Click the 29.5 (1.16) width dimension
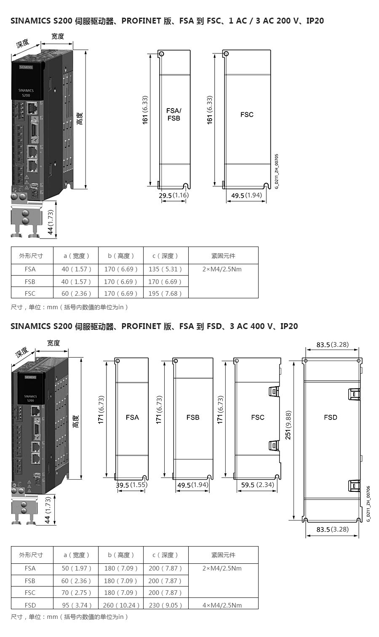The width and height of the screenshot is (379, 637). coord(173,195)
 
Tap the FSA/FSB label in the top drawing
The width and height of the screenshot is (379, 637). coord(173,114)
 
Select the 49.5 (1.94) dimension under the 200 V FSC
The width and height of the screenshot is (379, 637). coord(246,195)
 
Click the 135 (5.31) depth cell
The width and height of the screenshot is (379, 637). coord(165,269)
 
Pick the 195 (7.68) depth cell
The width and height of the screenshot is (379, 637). coord(165,293)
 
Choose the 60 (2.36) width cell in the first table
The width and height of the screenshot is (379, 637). coord(76,293)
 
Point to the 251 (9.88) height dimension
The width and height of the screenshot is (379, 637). coord(288,425)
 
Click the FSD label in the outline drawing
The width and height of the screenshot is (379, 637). coord(331,417)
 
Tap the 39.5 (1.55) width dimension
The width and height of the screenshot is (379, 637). coord(131,485)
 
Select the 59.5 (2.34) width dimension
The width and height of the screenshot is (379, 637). coord(257,485)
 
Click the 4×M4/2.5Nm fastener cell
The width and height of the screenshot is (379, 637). coord(222,605)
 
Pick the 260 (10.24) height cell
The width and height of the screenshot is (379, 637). coord(121,605)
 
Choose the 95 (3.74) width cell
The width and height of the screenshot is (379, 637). coord(76,605)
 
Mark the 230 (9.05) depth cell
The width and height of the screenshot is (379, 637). coord(165,605)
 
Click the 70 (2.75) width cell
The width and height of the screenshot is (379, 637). coord(76,592)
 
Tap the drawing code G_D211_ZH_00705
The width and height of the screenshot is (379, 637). coord(277,171)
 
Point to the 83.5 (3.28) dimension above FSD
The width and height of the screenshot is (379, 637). coord(333,345)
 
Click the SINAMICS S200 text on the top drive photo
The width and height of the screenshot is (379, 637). coord(26,93)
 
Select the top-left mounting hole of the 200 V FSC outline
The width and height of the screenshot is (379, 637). coord(226,53)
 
